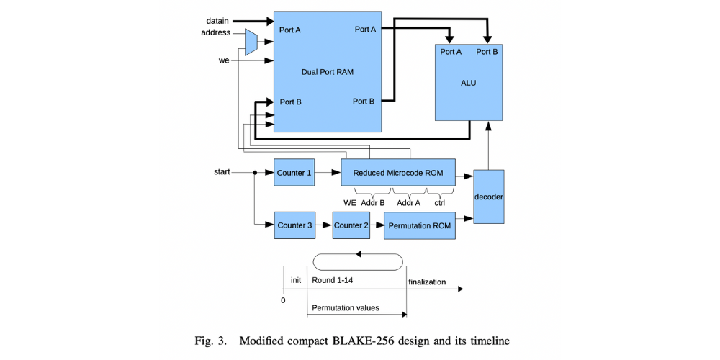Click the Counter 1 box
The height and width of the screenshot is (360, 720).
[294, 173]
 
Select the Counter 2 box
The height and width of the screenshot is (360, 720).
[351, 225]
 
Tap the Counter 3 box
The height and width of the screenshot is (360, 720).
[294, 225]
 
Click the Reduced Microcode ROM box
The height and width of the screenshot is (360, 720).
[397, 173]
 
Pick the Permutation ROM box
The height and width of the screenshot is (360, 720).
[419, 225]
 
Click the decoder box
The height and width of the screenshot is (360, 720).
[489, 197]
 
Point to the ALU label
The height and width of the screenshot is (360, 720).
[468, 83]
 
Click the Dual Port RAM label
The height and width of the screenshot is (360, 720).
[328, 72]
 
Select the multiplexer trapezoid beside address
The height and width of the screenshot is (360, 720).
[251, 42]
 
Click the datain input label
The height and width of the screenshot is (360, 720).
[217, 21]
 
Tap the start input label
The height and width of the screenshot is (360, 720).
[222, 172]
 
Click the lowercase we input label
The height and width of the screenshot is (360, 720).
[224, 60]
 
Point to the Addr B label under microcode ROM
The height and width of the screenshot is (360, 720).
[372, 203]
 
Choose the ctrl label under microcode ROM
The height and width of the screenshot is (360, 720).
[439, 203]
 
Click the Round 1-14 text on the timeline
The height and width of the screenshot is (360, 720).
[333, 280]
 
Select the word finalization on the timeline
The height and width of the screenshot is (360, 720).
[427, 282]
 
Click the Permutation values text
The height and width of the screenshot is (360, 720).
[346, 307]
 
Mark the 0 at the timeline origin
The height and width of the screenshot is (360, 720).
[283, 300]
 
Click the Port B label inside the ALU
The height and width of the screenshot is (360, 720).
[487, 52]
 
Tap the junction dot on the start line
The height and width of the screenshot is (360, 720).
[255, 173]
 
